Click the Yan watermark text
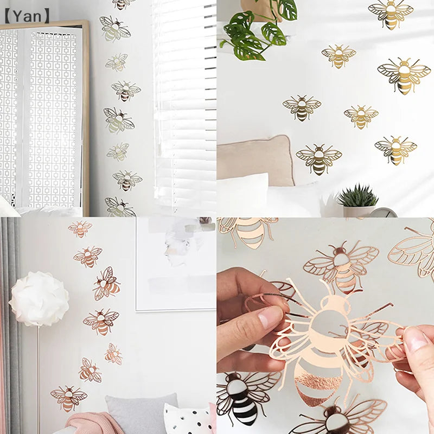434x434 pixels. (27, 16)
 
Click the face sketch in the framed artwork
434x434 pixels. (179, 244)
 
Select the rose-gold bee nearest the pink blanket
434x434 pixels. (68, 397)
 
